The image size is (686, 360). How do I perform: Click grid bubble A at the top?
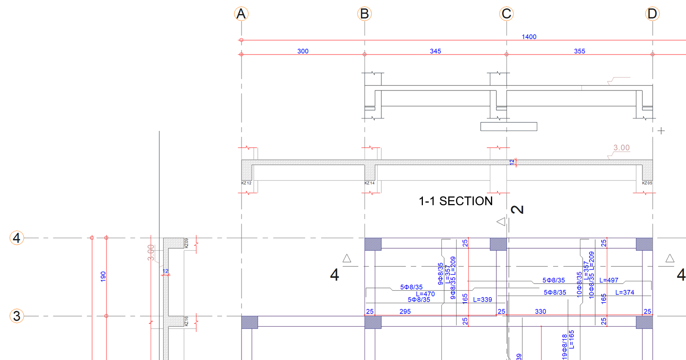[x=241, y=14]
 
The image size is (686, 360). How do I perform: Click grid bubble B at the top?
[x=365, y=14]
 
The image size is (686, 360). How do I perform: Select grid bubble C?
[x=507, y=14]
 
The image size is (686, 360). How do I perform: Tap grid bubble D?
[x=652, y=14]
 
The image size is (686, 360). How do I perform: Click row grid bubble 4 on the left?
[x=17, y=238]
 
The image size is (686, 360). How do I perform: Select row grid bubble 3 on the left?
[x=17, y=316]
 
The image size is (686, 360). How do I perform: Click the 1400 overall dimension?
[x=529, y=37]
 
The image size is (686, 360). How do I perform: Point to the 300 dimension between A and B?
[x=303, y=51]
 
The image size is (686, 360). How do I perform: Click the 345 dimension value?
[x=435, y=51]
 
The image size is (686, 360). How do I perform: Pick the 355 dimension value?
[x=579, y=51]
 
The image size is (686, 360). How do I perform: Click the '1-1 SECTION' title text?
[x=455, y=201]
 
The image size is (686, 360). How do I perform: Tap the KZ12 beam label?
[x=246, y=183]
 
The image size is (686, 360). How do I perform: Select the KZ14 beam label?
[x=370, y=183]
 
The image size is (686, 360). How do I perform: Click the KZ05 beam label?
[x=647, y=183]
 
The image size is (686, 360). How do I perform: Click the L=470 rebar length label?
[x=425, y=294]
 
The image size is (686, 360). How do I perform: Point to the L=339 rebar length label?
[x=483, y=300]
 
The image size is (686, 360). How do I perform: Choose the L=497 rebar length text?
[x=609, y=280]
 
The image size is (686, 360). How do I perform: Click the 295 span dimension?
[x=405, y=312]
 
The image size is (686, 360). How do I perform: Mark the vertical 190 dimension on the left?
[x=103, y=276]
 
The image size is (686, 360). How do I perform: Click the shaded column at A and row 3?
[x=249, y=322]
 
